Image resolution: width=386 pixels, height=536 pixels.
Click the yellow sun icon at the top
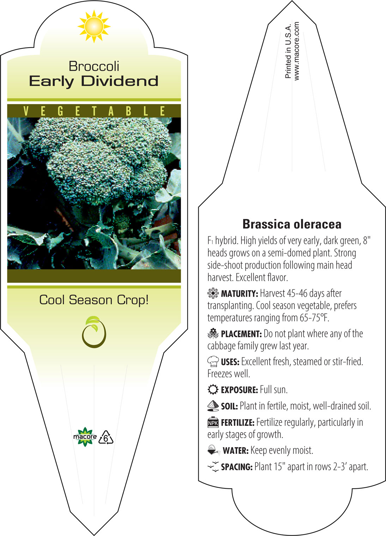click(94, 26)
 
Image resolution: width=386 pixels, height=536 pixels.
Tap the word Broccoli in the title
click(94, 66)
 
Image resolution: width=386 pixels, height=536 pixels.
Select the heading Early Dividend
click(94, 82)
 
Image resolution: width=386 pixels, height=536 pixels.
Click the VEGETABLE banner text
click(94, 111)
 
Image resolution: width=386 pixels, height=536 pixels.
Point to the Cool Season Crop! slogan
click(94, 300)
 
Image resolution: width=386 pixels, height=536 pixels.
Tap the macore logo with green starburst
click(85, 437)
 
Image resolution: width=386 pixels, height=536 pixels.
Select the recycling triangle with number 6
click(106, 438)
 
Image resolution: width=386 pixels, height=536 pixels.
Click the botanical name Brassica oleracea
click(292, 224)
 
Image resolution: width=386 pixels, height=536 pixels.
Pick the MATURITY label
click(239, 294)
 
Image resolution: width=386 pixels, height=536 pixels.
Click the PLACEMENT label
click(241, 334)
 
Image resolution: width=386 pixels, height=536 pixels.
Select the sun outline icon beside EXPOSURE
click(213, 390)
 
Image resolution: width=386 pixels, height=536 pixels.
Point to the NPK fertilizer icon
click(213, 422)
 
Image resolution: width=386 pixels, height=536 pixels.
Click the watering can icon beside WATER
click(214, 450)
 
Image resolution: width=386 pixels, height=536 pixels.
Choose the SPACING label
click(237, 467)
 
